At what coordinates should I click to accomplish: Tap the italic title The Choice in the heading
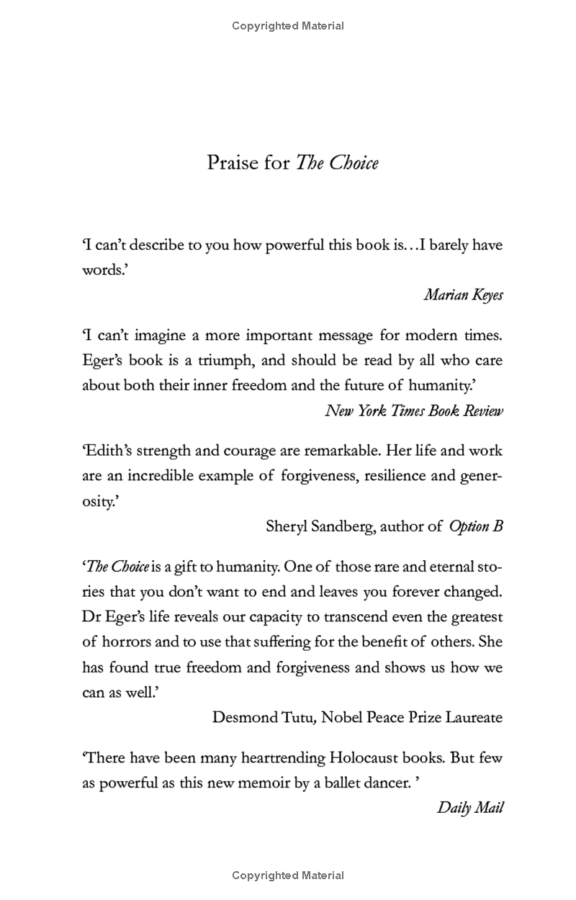337,163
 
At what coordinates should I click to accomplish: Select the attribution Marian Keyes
463,295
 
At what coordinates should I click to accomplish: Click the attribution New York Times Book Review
414,410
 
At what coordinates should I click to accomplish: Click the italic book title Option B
476,526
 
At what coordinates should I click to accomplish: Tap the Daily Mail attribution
469,807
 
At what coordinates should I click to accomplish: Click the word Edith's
108,451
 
